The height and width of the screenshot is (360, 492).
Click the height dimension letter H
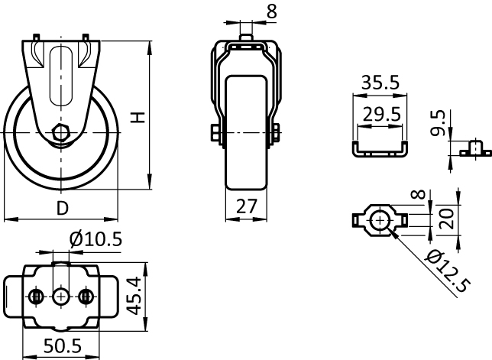click(138, 118)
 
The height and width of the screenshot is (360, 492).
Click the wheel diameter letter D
click(63, 208)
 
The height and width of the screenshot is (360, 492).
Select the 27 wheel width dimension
click(247, 206)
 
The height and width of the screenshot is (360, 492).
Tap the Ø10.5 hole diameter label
click(95, 240)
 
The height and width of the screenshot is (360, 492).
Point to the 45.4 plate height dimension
click(135, 295)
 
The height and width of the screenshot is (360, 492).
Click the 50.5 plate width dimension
click(62, 346)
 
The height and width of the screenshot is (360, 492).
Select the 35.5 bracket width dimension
click(380, 83)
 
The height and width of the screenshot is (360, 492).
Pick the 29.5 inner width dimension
click(381, 114)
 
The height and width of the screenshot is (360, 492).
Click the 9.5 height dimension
click(439, 123)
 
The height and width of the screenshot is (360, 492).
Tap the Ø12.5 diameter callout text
click(448, 271)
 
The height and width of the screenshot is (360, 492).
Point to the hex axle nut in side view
click(61, 133)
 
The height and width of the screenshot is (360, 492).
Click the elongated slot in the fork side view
click(61, 76)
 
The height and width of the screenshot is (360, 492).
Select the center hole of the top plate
click(61, 296)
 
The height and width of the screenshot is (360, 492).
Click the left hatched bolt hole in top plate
click(36, 296)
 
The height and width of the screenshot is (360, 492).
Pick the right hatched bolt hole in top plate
click(85, 296)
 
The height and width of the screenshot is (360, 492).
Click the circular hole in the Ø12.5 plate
click(380, 221)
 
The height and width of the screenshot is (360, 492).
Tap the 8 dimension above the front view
click(272, 12)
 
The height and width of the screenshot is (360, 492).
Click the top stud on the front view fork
click(246, 37)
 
